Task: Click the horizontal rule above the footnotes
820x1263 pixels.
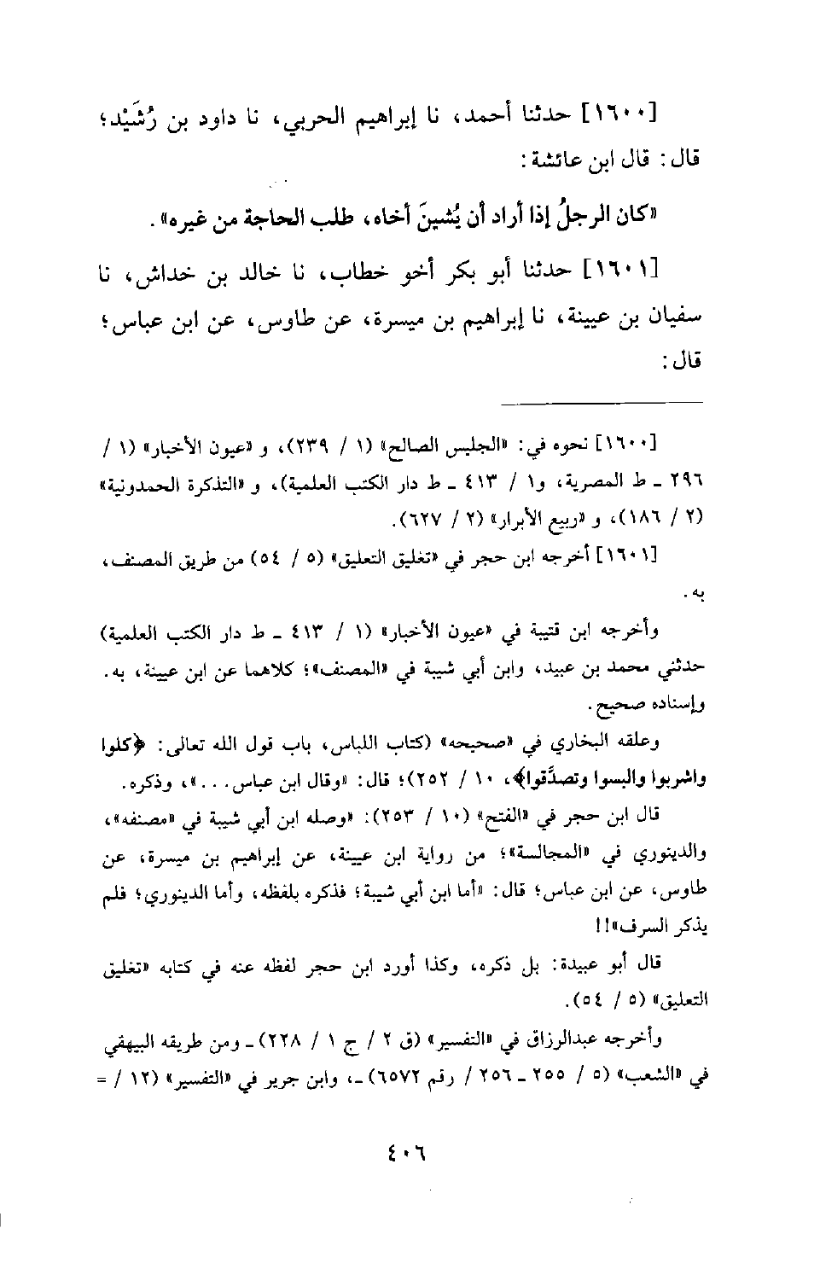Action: (x=602, y=401)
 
